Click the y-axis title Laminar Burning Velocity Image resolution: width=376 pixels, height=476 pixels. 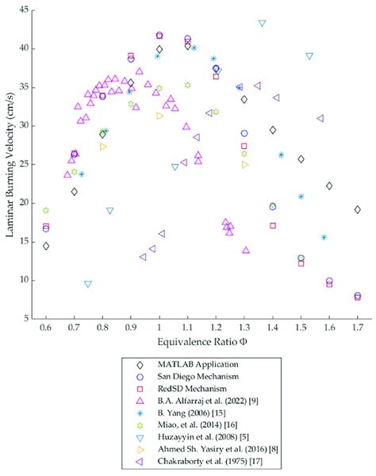tap(10, 163)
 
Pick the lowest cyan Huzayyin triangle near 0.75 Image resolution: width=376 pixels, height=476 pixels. tap(88, 284)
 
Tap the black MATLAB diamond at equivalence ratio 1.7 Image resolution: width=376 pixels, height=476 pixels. tap(358, 209)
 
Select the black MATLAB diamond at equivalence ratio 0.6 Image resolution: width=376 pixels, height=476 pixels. tap(46, 246)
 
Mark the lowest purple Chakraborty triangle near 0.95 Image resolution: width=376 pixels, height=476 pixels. tap(143, 257)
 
